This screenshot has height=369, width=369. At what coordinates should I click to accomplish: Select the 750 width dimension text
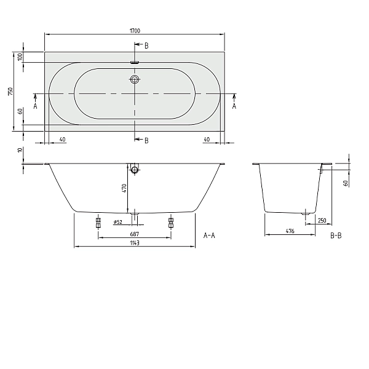point(10,91)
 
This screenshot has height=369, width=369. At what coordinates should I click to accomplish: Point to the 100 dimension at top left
point(20,57)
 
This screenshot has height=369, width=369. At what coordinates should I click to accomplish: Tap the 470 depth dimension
point(124,188)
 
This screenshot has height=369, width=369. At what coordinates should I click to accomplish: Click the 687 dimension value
point(134,234)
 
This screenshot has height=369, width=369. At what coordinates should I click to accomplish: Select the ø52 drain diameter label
point(117,222)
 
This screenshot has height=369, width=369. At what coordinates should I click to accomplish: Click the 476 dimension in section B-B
point(291,231)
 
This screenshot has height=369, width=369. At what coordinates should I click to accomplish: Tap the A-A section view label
point(208,236)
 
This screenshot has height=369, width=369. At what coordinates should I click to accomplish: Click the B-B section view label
point(336,236)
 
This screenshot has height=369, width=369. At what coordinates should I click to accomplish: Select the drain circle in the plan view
point(135,79)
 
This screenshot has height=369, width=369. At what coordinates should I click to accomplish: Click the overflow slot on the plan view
point(135,61)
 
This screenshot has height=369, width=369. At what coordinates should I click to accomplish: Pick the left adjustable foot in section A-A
point(98,222)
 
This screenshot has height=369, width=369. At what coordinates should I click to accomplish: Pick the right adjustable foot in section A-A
point(171,222)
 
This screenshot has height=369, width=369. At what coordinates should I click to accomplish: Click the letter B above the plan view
point(146,46)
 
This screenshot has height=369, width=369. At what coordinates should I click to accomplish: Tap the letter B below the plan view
point(146,141)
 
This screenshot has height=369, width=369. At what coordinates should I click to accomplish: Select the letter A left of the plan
point(35,106)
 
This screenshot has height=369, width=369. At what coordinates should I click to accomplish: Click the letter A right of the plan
point(234,106)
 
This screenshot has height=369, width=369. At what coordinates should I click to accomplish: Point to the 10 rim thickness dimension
point(20,150)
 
